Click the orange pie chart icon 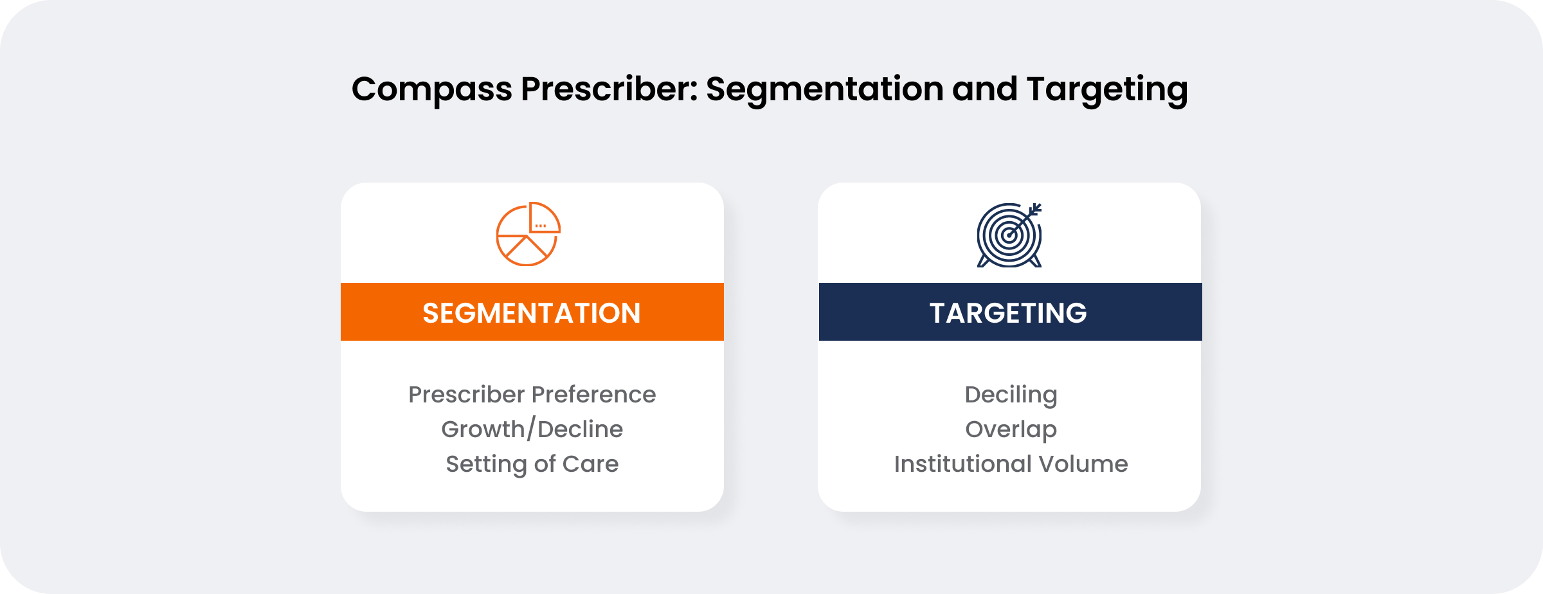[x=528, y=234]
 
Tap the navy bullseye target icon [x=1009, y=235]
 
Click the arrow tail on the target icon [x=1035, y=209]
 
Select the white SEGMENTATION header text [x=532, y=313]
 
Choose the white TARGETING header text [x=1008, y=313]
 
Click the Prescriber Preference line [x=532, y=394]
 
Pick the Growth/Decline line [x=532, y=429]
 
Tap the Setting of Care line [x=532, y=464]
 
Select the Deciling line [x=1011, y=395]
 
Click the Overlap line [x=1011, y=429]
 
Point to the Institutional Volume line [x=1011, y=464]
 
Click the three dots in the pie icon [x=540, y=226]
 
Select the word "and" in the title [x=984, y=89]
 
